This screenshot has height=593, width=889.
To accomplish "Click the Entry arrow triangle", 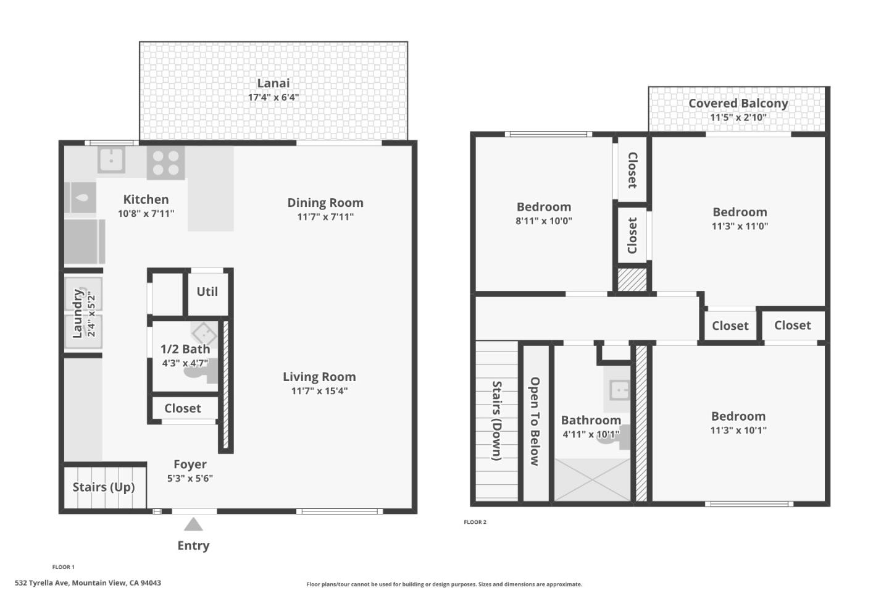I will point(193,525).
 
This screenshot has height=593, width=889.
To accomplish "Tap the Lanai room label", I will point(273,83).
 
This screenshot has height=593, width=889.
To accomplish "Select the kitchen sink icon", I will point(112,159).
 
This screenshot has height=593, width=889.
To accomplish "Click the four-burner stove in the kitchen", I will point(165,162).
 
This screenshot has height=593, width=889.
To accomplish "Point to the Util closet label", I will point(207,292).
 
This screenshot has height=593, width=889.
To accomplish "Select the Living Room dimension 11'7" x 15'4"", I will point(319,390).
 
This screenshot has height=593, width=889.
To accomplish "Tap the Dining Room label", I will point(325,203).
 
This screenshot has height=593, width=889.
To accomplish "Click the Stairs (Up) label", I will point(104,487).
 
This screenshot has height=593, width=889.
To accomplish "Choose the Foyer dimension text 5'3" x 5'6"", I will point(190,478).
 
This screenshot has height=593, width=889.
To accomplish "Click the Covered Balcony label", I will point(738,103).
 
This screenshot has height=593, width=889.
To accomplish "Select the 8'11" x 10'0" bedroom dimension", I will point(543,221).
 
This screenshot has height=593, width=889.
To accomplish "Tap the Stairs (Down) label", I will point(496,421).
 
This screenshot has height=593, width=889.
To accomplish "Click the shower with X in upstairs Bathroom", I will point(592,479).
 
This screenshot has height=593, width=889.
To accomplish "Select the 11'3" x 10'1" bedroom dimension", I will point(738,431).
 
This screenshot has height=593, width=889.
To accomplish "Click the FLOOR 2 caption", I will point(475,522).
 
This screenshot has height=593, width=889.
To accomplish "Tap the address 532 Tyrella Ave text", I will point(88,582).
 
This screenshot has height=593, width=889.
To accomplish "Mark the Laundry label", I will point(78,313).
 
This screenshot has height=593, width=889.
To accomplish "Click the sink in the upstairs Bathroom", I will point(618,390).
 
